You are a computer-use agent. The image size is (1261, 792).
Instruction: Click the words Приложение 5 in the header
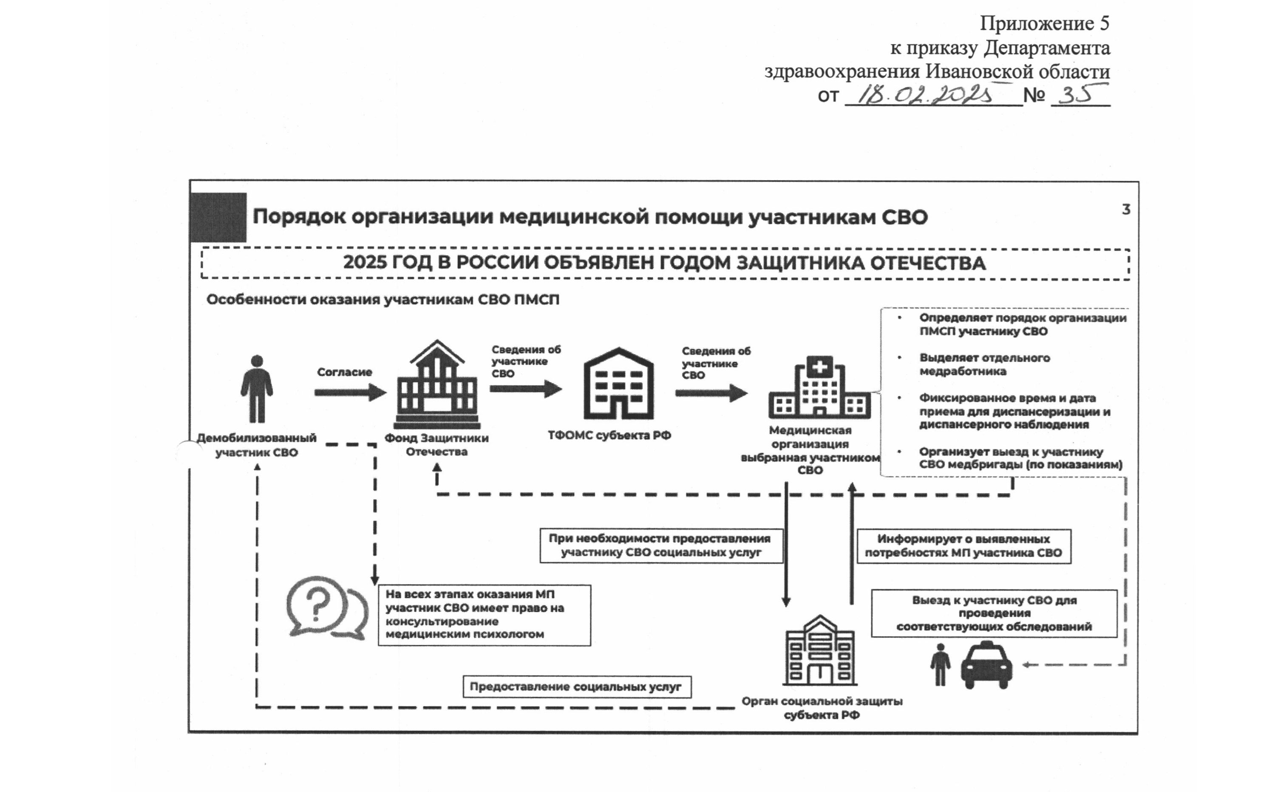1044,23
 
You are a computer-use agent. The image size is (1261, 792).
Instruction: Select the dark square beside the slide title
218,217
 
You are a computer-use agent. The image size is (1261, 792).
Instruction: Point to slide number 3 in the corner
1126,210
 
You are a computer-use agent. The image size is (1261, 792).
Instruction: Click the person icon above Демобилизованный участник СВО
257,389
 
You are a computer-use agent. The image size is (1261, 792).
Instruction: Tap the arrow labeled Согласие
350,392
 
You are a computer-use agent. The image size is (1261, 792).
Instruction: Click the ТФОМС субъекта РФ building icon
618,383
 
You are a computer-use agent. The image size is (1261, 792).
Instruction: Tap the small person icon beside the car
940,665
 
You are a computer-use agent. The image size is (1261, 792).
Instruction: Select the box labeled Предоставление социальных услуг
577,687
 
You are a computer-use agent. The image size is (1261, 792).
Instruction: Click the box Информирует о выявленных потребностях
963,546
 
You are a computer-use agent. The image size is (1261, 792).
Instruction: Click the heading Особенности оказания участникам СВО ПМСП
383,300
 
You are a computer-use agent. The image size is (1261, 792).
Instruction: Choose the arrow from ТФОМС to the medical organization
711,393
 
